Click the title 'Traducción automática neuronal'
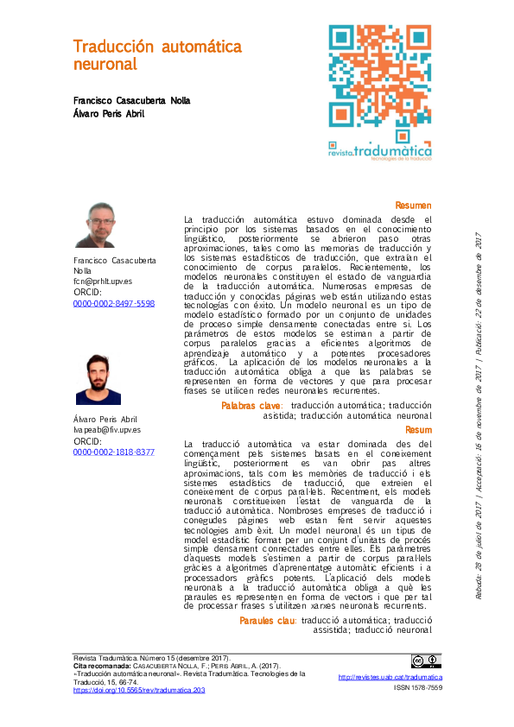coord(157,55)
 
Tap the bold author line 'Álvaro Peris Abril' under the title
coord(108,114)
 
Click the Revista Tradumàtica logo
coord(380,151)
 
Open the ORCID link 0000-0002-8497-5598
coord(114,304)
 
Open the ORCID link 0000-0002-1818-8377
coord(114,452)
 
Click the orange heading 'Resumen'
coord(413,205)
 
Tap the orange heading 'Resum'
coord(418,429)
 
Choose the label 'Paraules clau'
coord(268,621)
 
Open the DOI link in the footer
coord(138,691)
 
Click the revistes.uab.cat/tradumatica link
coord(384,679)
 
